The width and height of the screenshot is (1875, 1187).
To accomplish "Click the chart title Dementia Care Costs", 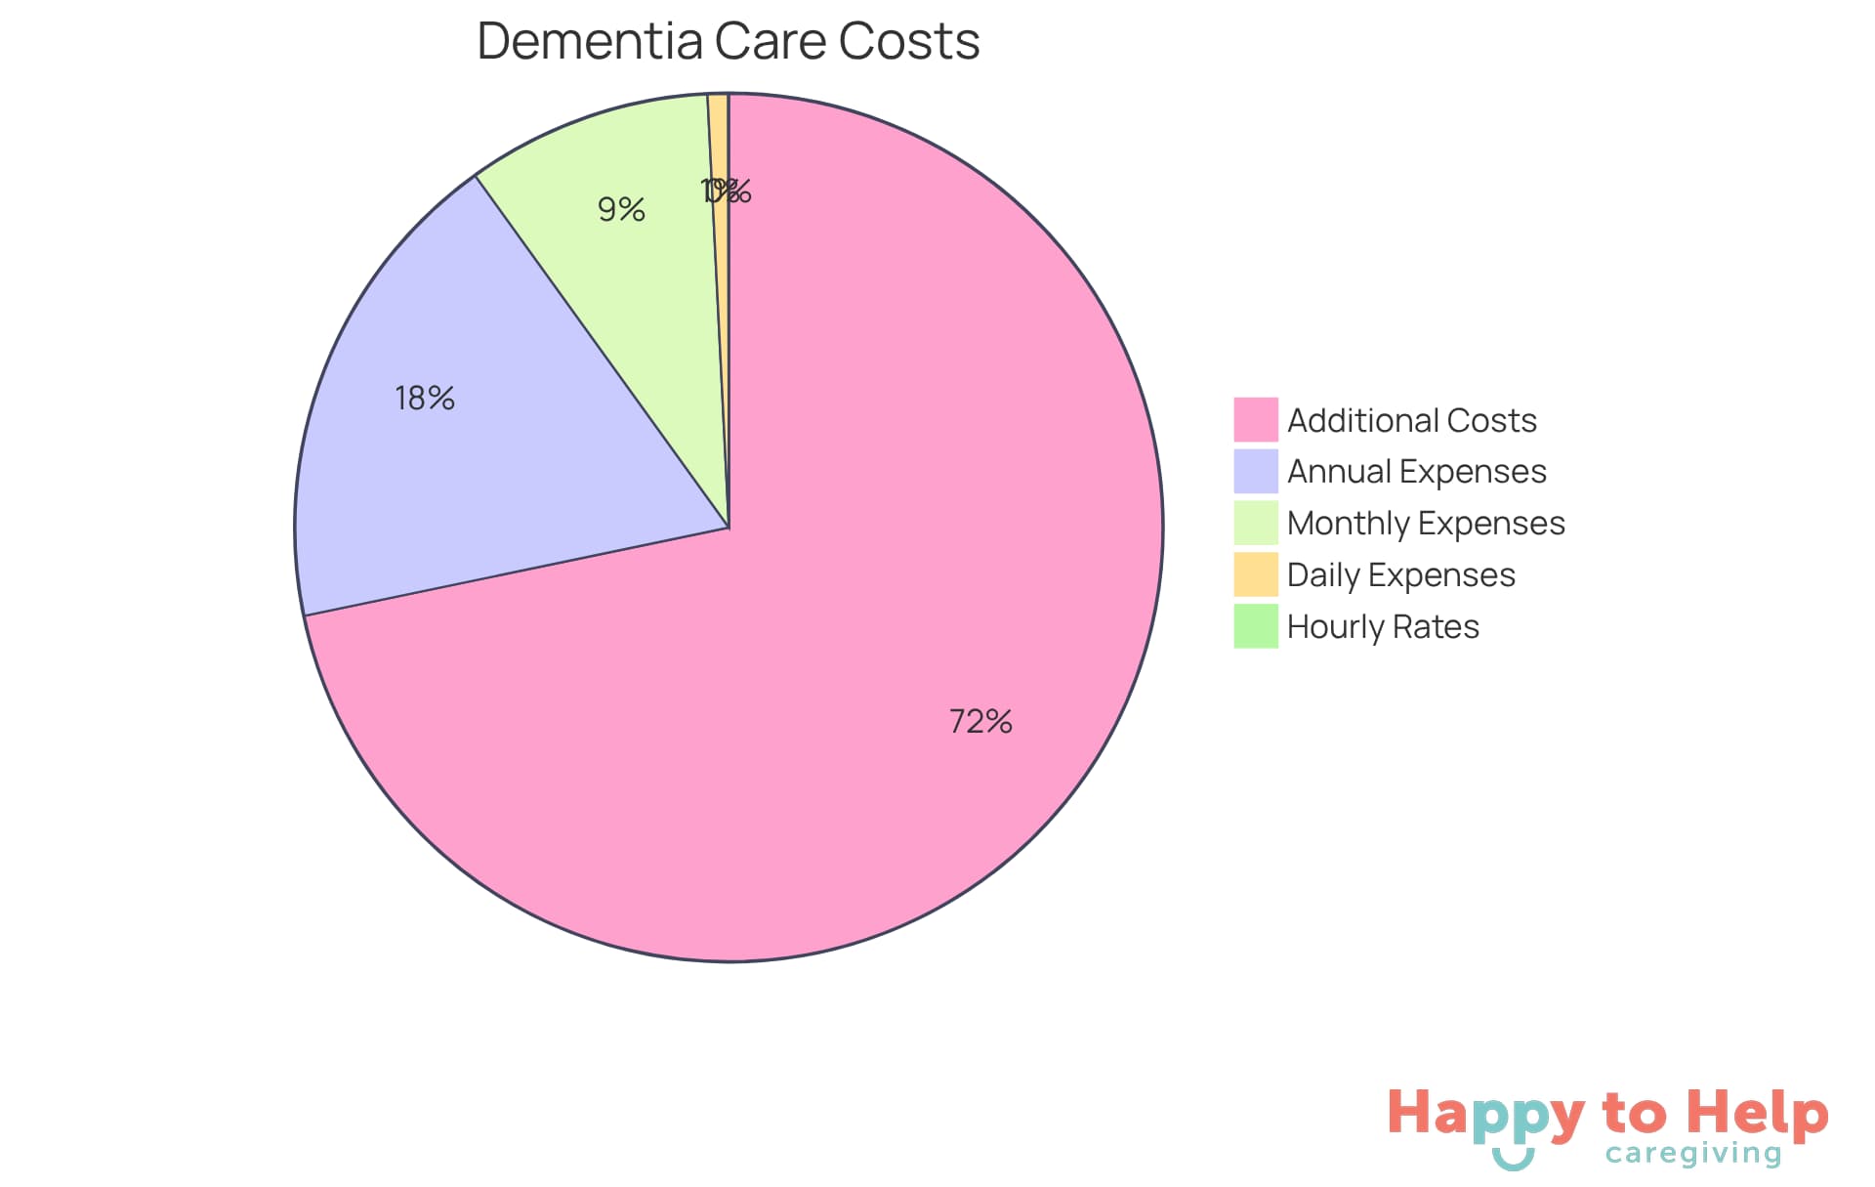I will (728, 41).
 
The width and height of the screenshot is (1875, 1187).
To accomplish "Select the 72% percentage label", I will (980, 721).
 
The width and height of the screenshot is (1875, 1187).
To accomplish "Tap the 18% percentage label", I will (425, 398).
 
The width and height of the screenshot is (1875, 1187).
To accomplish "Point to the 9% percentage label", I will (621, 209).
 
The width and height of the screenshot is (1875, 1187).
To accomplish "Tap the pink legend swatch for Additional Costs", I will (1255, 419).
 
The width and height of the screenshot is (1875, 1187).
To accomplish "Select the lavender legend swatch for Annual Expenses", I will (1255, 471).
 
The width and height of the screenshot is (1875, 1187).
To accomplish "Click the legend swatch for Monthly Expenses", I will (1255, 523).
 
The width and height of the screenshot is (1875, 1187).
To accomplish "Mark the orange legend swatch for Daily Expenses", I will (1255, 574).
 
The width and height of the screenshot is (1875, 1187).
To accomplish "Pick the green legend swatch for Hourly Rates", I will (1255, 626).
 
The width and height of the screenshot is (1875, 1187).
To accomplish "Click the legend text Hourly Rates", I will (1383, 626).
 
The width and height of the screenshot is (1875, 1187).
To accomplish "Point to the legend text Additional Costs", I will (1411, 420).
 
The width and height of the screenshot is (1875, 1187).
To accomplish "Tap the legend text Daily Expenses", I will (1400, 574).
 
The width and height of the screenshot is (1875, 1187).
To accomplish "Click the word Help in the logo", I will (1758, 1114).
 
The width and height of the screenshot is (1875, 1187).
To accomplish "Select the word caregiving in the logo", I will (1693, 1154).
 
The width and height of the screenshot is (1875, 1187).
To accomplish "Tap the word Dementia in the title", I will (590, 41).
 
